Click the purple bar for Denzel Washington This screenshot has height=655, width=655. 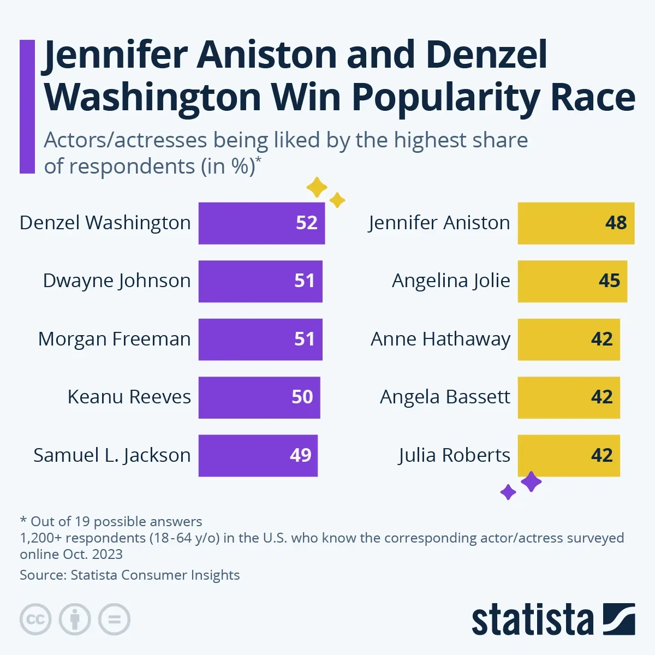pyautogui.click(x=261, y=223)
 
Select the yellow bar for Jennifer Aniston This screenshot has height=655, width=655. pyautogui.click(x=575, y=223)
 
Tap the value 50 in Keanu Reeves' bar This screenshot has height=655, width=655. pyautogui.click(x=302, y=397)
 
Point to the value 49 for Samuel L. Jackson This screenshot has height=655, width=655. pyautogui.click(x=300, y=455)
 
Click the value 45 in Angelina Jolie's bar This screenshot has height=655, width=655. pyautogui.click(x=609, y=281)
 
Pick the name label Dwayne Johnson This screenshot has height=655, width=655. pyautogui.click(x=117, y=281)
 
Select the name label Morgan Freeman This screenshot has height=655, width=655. pyautogui.click(x=114, y=339)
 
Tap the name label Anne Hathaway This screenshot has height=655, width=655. pyautogui.click(x=440, y=339)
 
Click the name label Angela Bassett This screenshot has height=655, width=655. pyautogui.click(x=445, y=397)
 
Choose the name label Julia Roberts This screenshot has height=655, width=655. pyautogui.click(x=454, y=455)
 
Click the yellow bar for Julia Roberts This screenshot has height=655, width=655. pyautogui.click(x=568, y=455)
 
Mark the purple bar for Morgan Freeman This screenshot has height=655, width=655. pyautogui.click(x=260, y=339)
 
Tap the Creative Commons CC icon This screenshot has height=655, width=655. pyautogui.click(x=35, y=620)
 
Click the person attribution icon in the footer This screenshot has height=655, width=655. pyautogui.click(x=75, y=620)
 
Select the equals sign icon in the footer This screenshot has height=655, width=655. pyautogui.click(x=114, y=620)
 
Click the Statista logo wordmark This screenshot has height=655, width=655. pyautogui.click(x=532, y=620)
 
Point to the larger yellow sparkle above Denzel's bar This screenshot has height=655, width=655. pyautogui.click(x=317, y=187)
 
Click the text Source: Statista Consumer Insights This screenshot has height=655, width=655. pyautogui.click(x=129, y=575)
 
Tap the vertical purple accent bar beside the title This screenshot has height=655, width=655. pyautogui.click(x=27, y=106)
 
